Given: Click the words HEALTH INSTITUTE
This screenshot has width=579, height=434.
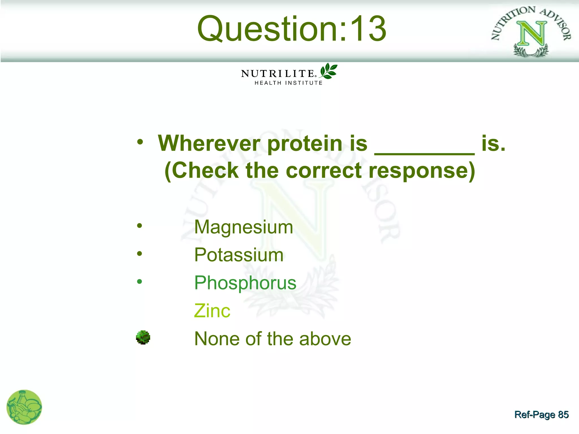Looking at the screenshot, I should (x=288, y=83).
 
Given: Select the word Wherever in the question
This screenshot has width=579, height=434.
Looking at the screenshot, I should (x=209, y=143).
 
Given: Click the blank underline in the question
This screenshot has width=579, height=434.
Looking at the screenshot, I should (x=424, y=153).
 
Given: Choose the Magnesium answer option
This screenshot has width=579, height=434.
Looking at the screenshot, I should (x=243, y=227).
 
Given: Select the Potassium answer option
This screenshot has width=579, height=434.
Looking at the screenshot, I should (x=239, y=255).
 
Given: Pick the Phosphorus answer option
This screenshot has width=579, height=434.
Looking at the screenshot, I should (x=245, y=283).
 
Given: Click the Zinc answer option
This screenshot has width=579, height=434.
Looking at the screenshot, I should (x=212, y=311).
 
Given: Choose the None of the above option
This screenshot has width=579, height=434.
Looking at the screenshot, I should (x=273, y=339).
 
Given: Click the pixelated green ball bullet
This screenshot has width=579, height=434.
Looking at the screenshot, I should (x=143, y=337).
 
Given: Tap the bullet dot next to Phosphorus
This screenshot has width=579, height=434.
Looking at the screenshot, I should (x=139, y=281).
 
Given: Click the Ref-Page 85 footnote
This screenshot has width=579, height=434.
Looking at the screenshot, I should (x=541, y=415).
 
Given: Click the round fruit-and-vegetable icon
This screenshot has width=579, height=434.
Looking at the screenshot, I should (x=24, y=407).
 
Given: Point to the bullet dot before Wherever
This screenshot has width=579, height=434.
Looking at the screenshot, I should (x=140, y=142).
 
